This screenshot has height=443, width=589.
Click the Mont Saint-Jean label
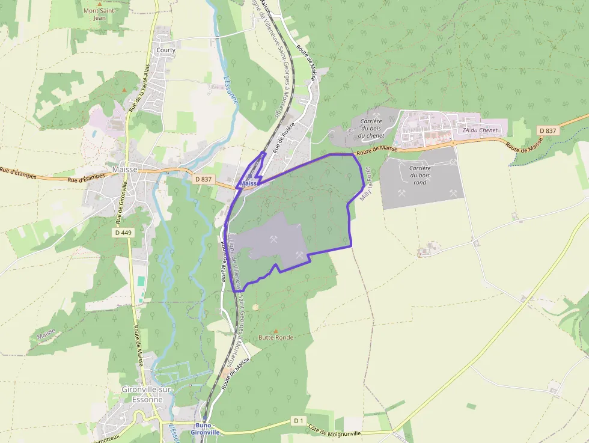[100, 14]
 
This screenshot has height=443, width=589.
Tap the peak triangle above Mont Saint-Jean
[100, 4]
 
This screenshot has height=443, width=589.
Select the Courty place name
[166, 50]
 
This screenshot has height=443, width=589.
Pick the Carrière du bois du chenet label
[371, 128]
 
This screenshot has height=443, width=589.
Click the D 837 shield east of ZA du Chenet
[548, 130]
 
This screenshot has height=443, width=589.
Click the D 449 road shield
[123, 231]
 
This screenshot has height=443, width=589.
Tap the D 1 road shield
[299, 420]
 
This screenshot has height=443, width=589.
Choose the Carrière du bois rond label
[420, 175]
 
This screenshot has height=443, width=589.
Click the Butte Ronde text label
[276, 337]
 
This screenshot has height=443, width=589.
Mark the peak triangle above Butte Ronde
[276, 331]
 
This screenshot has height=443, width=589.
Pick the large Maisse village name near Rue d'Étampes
[125, 170]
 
